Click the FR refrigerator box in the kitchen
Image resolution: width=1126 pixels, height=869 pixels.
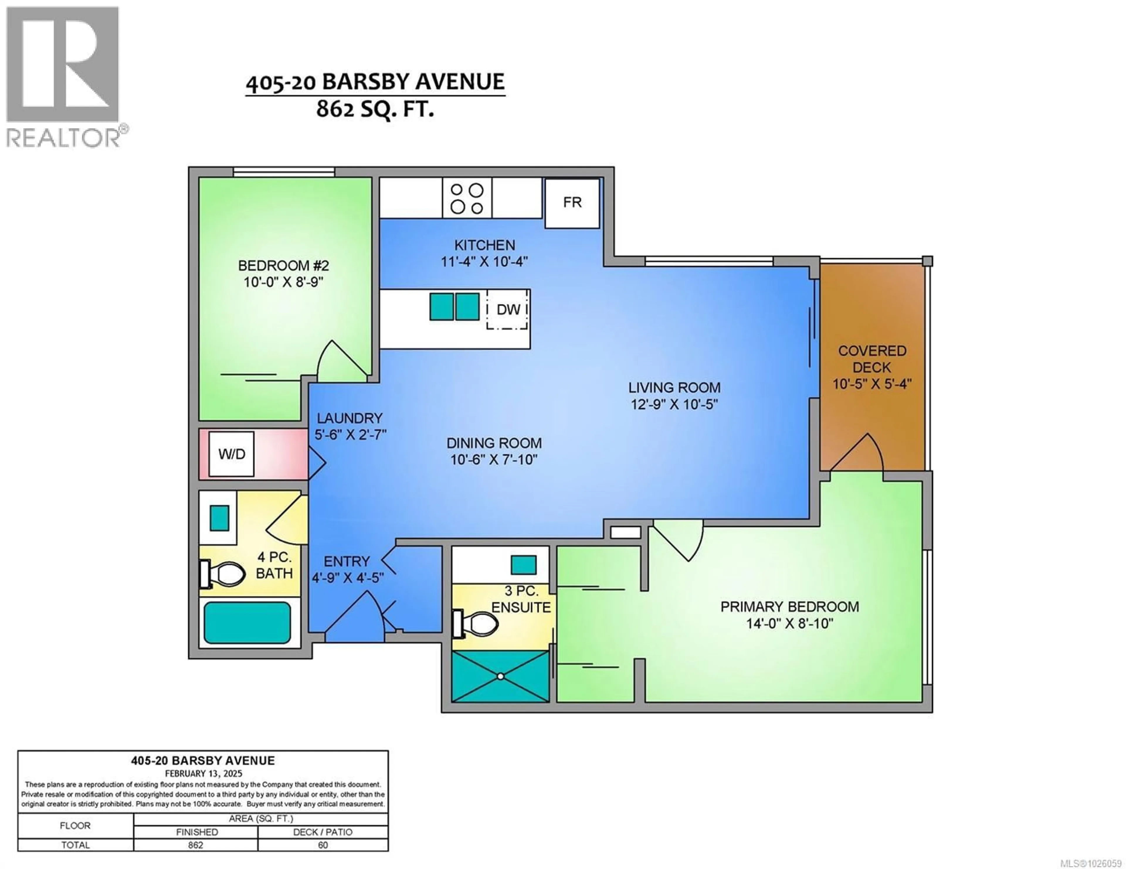[572, 203]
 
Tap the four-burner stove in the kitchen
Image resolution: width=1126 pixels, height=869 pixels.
[467, 198]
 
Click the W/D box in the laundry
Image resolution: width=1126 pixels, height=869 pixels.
[231, 454]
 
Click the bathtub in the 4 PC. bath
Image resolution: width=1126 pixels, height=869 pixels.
[247, 622]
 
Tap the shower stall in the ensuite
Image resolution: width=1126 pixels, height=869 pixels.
[500, 676]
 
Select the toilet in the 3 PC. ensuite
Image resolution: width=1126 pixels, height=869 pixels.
[475, 624]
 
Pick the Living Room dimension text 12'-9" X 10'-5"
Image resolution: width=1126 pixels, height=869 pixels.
[674, 404]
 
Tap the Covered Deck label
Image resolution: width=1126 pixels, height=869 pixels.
[872, 359]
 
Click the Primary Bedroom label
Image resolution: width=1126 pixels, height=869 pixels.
[789, 607]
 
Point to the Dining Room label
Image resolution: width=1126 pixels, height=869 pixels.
[494, 443]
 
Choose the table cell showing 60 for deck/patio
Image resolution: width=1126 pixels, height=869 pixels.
[323, 845]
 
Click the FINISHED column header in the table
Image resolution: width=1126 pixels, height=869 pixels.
[196, 832]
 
